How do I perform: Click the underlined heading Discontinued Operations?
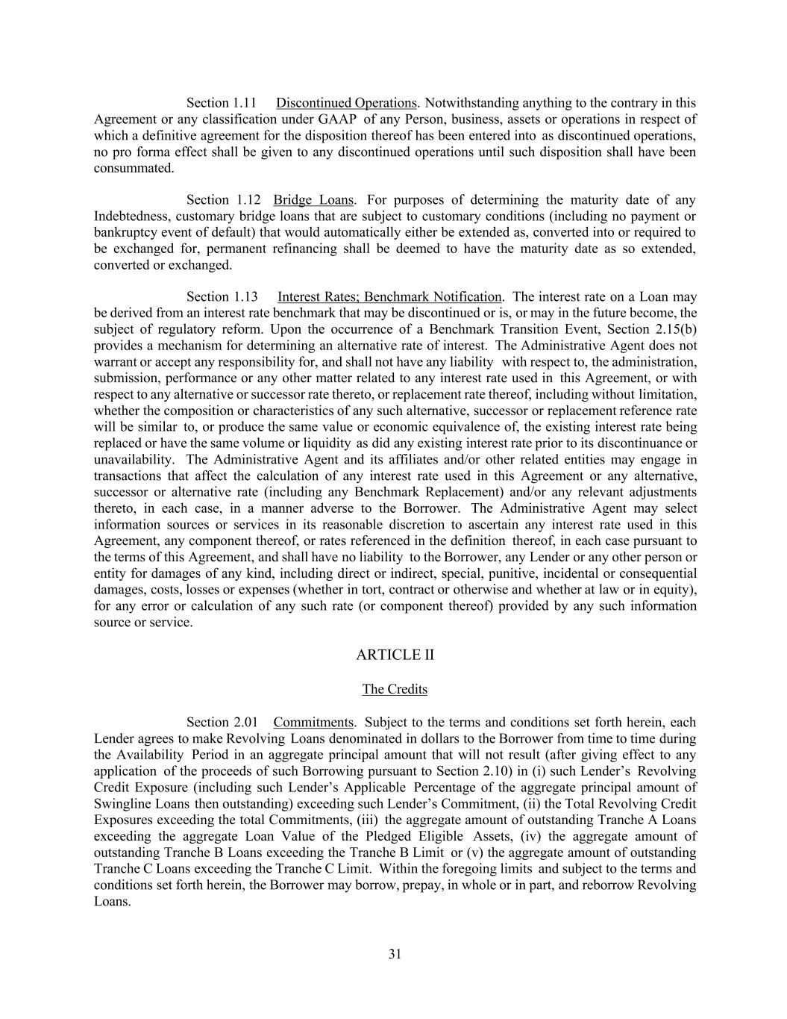tap(346, 103)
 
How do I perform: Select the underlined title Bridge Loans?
tap(313, 200)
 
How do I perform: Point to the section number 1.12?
tap(248, 200)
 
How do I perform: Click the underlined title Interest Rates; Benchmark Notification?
tap(389, 297)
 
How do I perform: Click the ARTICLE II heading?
tap(395, 655)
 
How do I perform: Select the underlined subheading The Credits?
tap(395, 689)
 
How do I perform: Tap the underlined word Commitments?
tap(313, 723)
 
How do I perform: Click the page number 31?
tap(395, 953)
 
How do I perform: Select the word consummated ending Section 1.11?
tap(134, 168)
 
